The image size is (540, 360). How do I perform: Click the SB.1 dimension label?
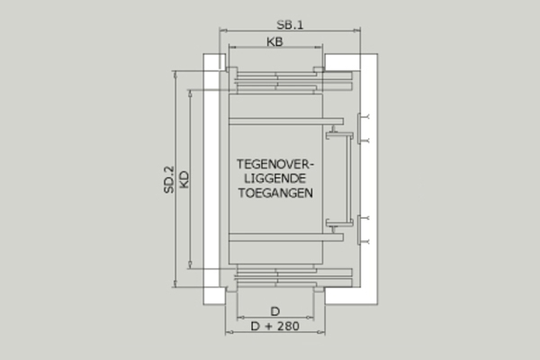[x=290, y=25]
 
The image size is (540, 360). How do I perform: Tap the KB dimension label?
[x=274, y=41]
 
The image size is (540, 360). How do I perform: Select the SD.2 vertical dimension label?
[x=169, y=179]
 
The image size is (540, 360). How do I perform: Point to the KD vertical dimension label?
[x=184, y=179]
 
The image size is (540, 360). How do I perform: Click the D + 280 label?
[x=274, y=326]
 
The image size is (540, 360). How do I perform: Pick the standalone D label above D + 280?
[x=274, y=311]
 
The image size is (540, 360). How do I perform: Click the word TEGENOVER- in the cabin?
[x=275, y=165]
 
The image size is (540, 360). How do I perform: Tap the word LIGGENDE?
[x=275, y=178]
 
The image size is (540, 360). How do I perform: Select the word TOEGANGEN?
[x=275, y=193]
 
